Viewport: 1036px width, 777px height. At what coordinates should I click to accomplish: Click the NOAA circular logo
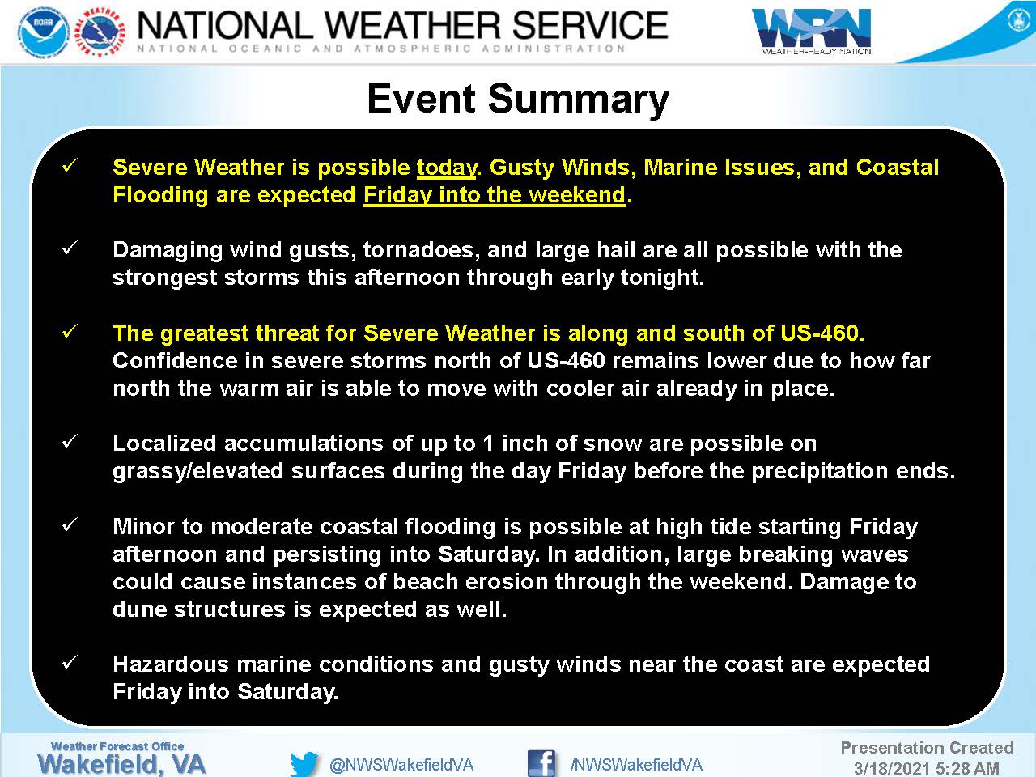pyautogui.click(x=44, y=32)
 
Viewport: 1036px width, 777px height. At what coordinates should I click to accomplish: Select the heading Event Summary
pyautogui.click(x=518, y=99)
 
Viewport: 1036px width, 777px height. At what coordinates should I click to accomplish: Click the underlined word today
pyautogui.click(x=447, y=168)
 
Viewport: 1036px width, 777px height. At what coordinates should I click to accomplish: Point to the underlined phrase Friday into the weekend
pyautogui.click(x=495, y=195)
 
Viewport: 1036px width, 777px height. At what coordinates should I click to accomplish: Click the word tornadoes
pyautogui.click(x=422, y=251)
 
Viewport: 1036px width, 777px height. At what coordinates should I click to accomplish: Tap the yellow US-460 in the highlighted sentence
pyautogui.click(x=819, y=333)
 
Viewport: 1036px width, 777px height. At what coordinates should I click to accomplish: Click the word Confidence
pyautogui.click(x=175, y=361)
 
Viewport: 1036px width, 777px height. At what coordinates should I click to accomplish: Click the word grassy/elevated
pyautogui.click(x=197, y=471)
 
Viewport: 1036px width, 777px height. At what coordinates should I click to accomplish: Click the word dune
pyautogui.click(x=139, y=609)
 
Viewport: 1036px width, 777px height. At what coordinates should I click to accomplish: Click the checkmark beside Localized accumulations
pyautogui.click(x=70, y=442)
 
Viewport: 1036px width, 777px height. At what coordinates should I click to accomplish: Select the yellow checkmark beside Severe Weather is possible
pyautogui.click(x=70, y=166)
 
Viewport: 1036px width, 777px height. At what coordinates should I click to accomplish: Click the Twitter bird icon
pyautogui.click(x=304, y=763)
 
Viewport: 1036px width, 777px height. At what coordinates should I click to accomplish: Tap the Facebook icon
pyautogui.click(x=541, y=763)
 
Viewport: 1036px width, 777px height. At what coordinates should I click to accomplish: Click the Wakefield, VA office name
pyautogui.click(x=121, y=764)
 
